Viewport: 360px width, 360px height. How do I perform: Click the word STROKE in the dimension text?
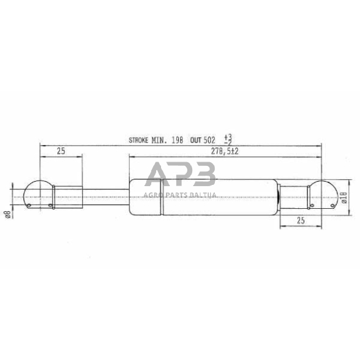tap(141, 140)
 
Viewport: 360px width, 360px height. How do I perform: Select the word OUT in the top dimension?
tap(197, 140)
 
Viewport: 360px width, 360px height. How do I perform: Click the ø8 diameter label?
tap(7, 214)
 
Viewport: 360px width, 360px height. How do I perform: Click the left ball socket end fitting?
tap(38, 195)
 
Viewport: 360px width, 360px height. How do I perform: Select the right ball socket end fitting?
tap(323, 195)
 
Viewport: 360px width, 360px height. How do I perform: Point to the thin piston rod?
tap(104, 195)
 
